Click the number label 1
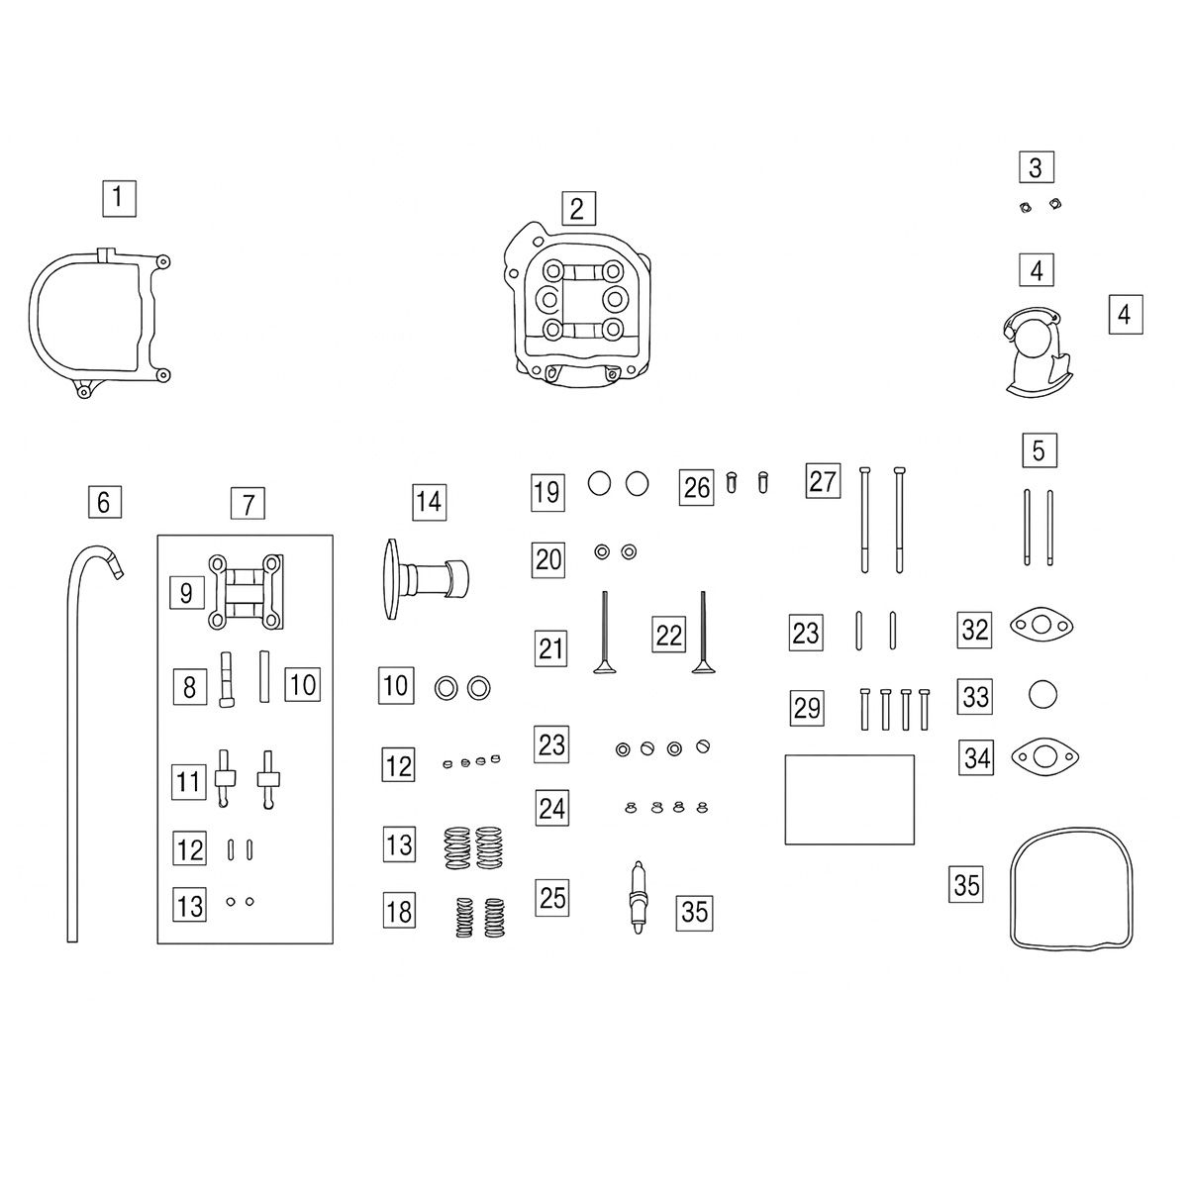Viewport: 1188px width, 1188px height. pyautogui.click(x=119, y=199)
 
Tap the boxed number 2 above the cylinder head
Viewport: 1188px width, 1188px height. pyautogui.click(x=578, y=208)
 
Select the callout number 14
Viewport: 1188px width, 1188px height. pyautogui.click(x=429, y=502)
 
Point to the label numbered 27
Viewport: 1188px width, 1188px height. pyautogui.click(x=823, y=481)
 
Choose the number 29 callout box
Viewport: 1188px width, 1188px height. pyautogui.click(x=807, y=709)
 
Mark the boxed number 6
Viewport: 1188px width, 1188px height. pyautogui.click(x=105, y=503)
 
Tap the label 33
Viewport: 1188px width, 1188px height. pyautogui.click(x=975, y=697)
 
